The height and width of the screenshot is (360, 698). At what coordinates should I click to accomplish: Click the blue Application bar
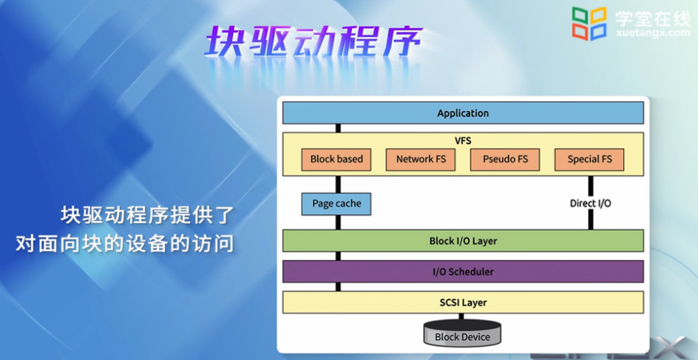click(463, 113)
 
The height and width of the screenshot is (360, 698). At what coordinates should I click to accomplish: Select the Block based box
click(336, 160)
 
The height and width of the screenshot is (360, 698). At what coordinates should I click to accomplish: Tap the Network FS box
click(421, 160)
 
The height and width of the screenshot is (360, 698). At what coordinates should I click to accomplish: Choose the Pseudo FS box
click(505, 160)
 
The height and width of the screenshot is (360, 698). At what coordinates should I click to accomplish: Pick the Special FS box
click(589, 160)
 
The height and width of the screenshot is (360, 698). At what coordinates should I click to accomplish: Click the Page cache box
click(336, 204)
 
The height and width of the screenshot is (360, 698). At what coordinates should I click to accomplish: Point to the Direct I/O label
click(590, 203)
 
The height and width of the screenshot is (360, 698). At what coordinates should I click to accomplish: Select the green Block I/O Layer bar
click(463, 241)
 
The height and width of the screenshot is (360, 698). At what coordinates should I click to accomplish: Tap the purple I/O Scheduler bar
click(463, 271)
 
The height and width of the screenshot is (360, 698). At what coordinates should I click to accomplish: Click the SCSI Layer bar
click(463, 302)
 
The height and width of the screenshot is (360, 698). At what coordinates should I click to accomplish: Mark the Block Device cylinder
click(462, 333)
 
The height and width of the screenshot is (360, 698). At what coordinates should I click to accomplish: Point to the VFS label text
click(463, 140)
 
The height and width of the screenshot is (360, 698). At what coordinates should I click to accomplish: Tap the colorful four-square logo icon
click(589, 24)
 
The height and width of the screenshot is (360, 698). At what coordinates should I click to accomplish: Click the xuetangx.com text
click(654, 33)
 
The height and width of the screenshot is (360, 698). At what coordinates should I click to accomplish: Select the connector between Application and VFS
click(338, 128)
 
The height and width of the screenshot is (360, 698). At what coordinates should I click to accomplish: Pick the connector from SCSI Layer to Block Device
click(461, 316)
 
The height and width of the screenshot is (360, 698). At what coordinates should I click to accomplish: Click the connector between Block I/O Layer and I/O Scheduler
click(338, 256)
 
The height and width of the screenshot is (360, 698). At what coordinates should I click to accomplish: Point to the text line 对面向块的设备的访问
click(125, 244)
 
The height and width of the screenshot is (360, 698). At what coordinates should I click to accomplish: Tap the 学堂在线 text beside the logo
click(653, 17)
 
